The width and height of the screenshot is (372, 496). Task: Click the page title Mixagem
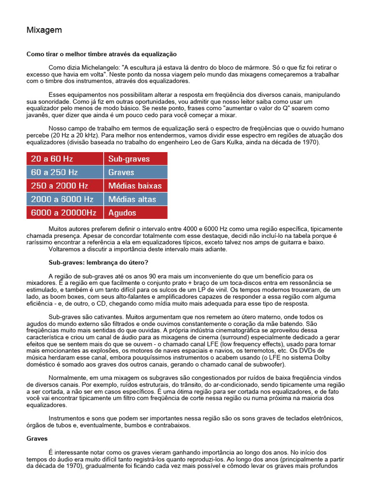(x=44, y=31)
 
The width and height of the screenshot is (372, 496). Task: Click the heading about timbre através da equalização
(x=101, y=54)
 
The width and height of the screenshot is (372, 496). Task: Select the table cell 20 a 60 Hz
(x=64, y=158)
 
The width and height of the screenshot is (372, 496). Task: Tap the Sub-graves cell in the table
(x=135, y=158)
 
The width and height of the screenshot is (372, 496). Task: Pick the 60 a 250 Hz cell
(x=64, y=172)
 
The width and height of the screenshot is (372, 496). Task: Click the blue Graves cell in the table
(x=135, y=172)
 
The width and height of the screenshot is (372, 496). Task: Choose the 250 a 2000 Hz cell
(x=64, y=186)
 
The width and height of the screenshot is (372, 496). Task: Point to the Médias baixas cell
(x=135, y=186)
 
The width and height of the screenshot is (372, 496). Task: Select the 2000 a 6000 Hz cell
(x=64, y=199)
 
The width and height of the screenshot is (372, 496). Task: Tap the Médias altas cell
(x=135, y=199)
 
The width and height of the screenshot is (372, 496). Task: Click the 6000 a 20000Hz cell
(x=64, y=213)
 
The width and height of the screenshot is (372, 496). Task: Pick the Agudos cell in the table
(x=135, y=213)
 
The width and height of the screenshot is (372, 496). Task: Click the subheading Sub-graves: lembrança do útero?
(x=95, y=262)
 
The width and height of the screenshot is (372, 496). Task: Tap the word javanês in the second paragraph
(x=38, y=115)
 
